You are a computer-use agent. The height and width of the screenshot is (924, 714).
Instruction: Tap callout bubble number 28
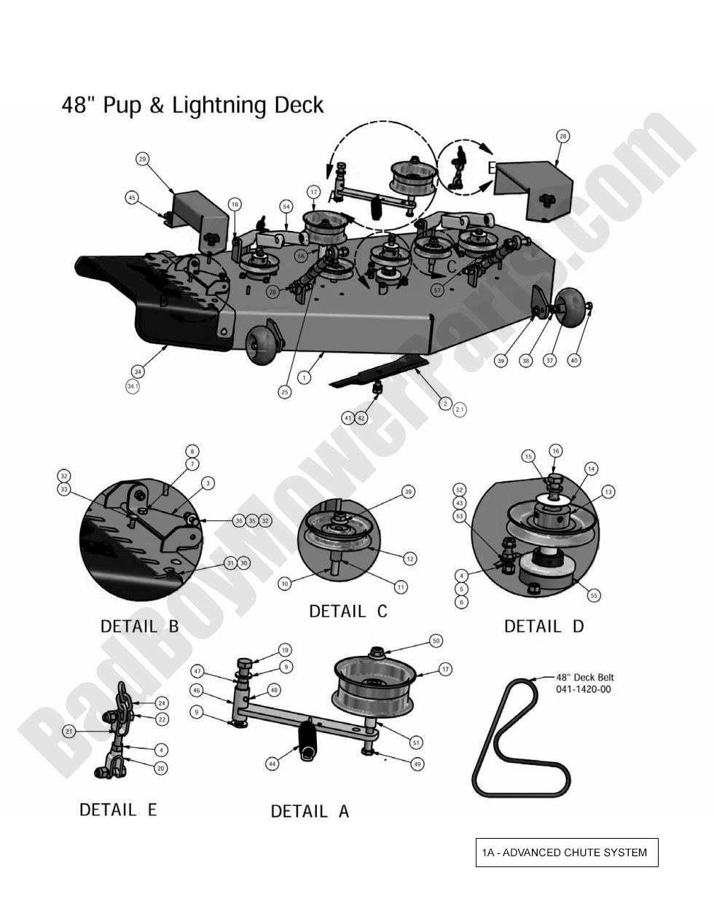pos(562,136)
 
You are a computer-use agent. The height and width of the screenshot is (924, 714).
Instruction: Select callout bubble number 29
pos(143,159)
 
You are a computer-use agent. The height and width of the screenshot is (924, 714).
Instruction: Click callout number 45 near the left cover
pos(132,197)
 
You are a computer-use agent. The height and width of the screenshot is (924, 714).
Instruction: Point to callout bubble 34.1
pos(133,387)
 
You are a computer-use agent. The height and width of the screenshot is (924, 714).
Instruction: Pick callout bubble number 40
pos(574,360)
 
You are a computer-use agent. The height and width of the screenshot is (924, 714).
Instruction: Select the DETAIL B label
pos(139,626)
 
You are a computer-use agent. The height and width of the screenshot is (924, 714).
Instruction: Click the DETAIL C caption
pos(348,611)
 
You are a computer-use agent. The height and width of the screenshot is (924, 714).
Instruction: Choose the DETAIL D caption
pos(544,626)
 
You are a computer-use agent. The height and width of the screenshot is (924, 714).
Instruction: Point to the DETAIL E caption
pos(118,810)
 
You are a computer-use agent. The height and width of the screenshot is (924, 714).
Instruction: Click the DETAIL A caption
pos(310,811)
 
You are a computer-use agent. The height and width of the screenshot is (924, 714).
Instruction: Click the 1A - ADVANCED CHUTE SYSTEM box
pos(566,853)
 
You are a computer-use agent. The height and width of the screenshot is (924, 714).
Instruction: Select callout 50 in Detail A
pos(436,641)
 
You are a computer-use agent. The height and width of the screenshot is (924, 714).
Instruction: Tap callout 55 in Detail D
pos(594,595)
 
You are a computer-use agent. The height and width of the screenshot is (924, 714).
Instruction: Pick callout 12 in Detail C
pos(410,558)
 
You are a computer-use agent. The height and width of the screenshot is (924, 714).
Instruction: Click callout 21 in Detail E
pos(69,731)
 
